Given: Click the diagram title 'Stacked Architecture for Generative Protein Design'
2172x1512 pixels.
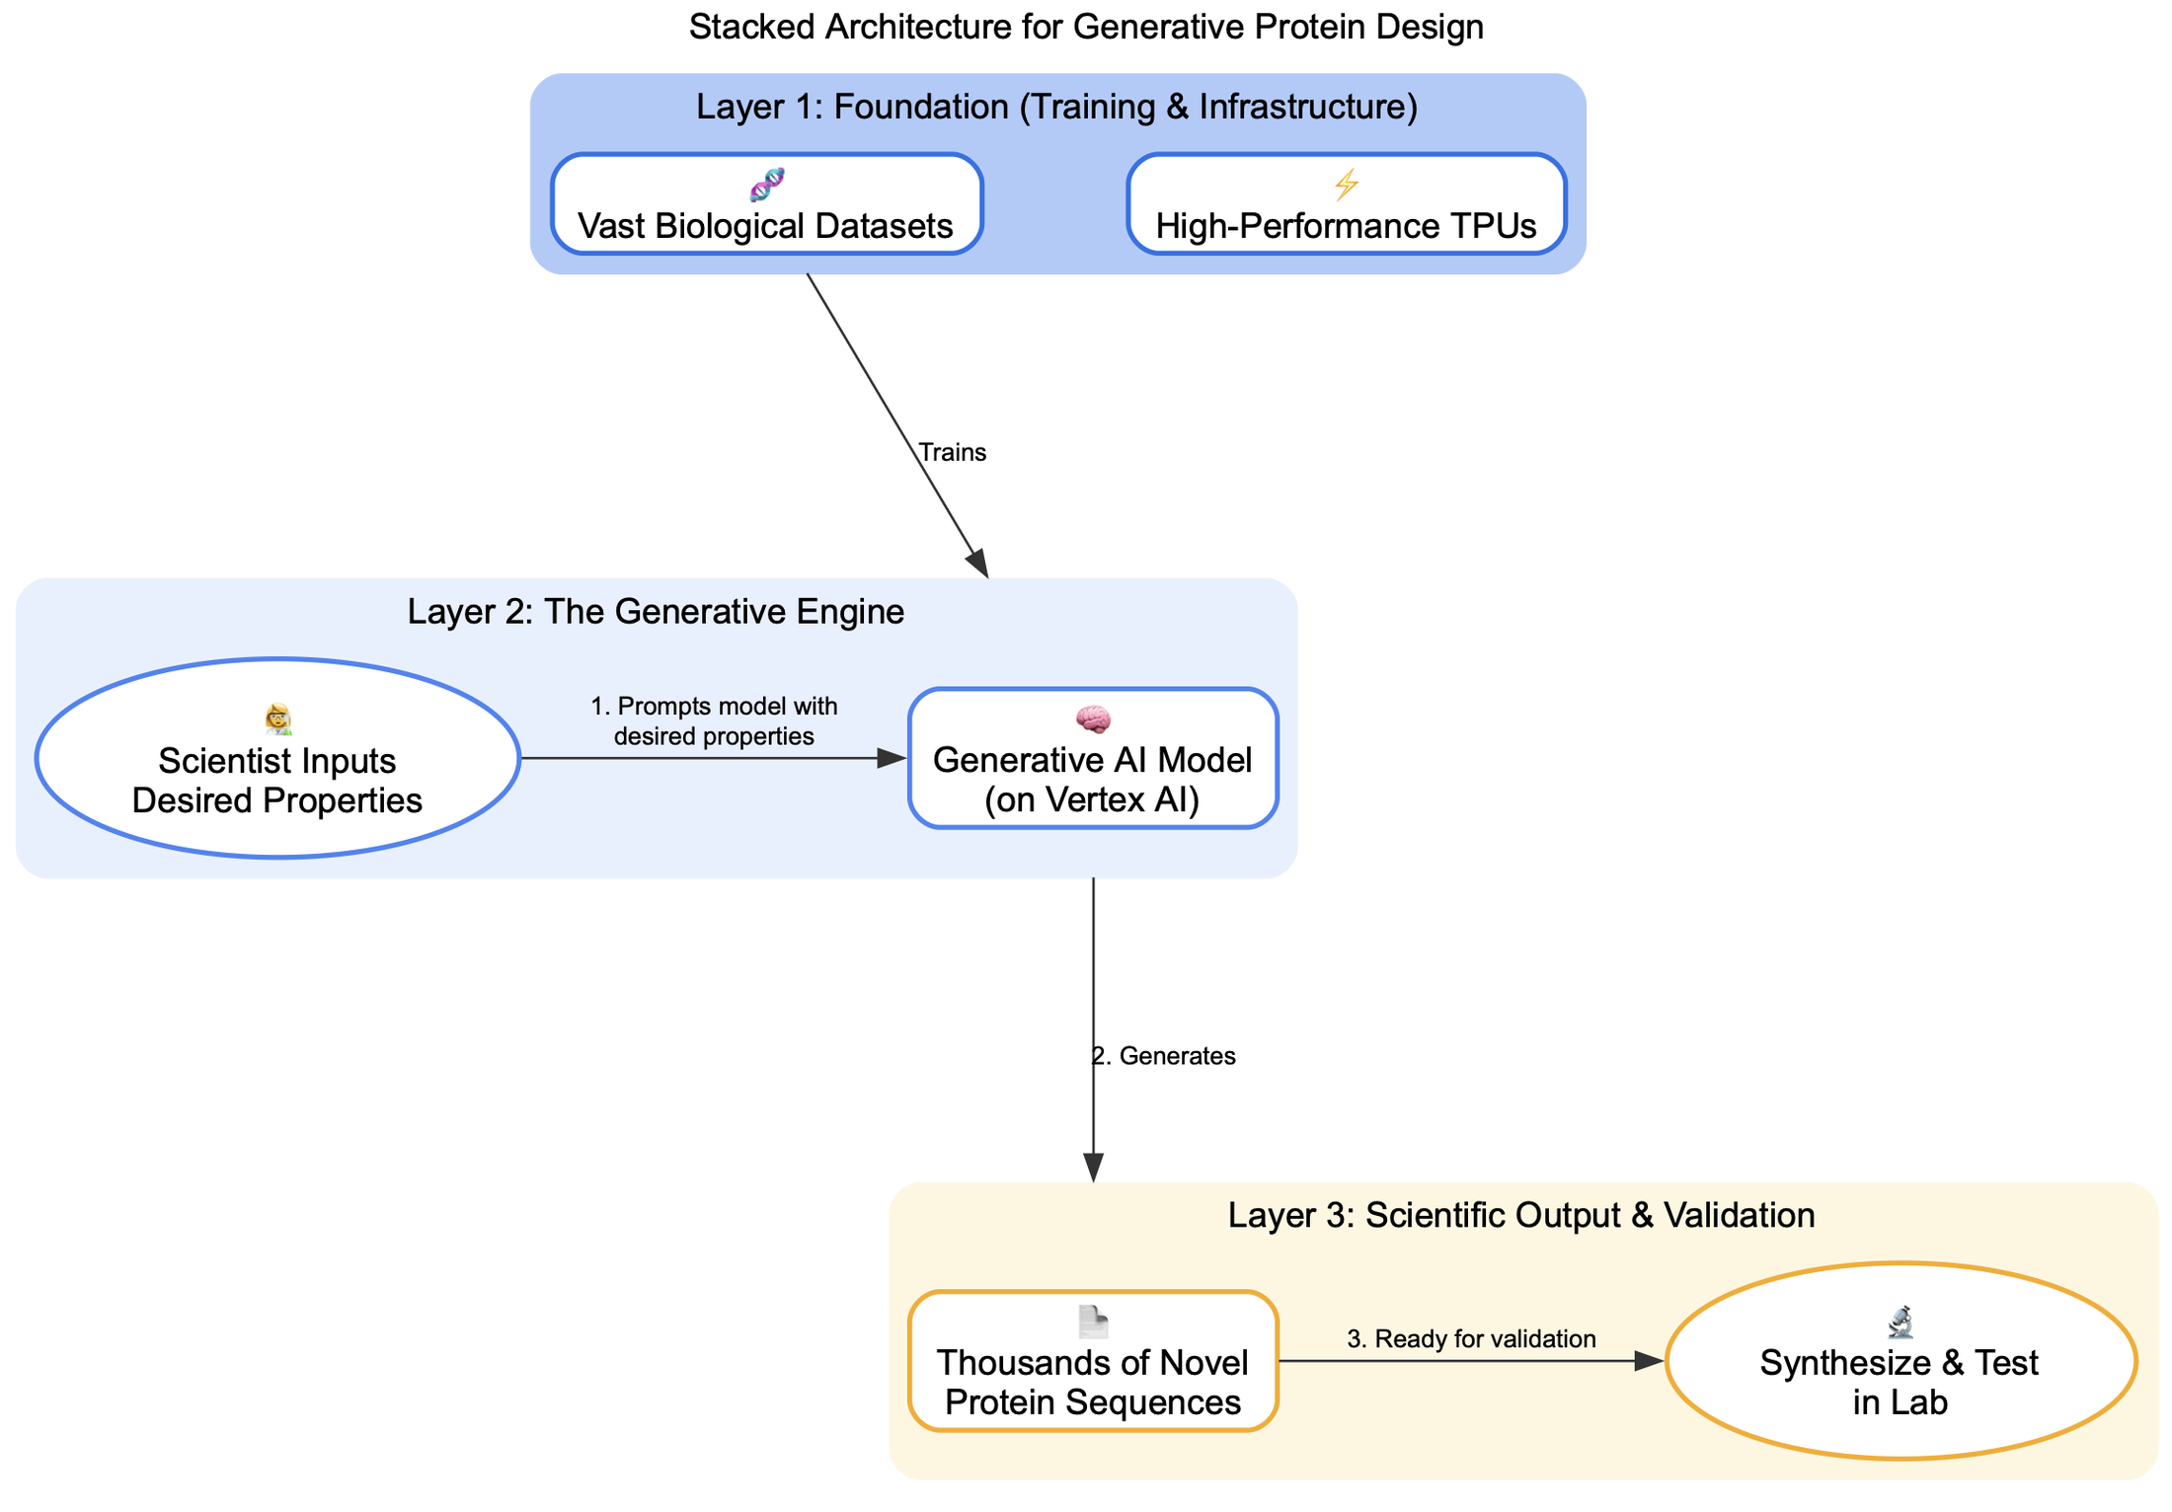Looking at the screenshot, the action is tap(1086, 28).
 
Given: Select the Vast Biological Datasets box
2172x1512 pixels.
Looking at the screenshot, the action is tap(766, 204).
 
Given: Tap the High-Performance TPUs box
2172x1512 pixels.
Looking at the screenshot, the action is tap(1346, 204).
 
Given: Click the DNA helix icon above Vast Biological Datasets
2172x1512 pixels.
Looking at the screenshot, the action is tap(767, 184).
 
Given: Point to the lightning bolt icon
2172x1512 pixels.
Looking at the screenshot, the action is tap(1347, 184).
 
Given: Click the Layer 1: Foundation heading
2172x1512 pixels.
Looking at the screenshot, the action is tap(1056, 107).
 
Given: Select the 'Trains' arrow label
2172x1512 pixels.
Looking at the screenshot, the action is tap(952, 452).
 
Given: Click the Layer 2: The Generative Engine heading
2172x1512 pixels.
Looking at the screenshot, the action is tap(656, 612).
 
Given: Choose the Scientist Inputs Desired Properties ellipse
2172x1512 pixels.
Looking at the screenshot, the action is tap(277, 758).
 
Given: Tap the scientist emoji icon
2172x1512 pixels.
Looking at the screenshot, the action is tap(278, 719).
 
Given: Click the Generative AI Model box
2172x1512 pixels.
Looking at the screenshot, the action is tap(1093, 758).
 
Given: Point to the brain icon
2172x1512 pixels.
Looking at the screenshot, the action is tap(1093, 719).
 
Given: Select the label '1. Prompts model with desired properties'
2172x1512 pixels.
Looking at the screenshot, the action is tap(714, 721).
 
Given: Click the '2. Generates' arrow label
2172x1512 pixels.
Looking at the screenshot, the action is tap(1164, 1056).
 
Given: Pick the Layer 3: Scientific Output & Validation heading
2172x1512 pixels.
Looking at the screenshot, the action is tap(1521, 1215).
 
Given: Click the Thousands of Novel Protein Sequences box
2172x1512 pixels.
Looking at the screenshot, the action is tap(1093, 1361).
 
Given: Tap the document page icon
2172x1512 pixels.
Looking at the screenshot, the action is tap(1093, 1323).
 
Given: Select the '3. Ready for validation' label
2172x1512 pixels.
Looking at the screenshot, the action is tap(1471, 1339).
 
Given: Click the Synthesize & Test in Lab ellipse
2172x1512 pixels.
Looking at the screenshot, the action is tap(1900, 1361).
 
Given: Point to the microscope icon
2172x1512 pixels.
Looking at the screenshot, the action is tap(1900, 1323).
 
